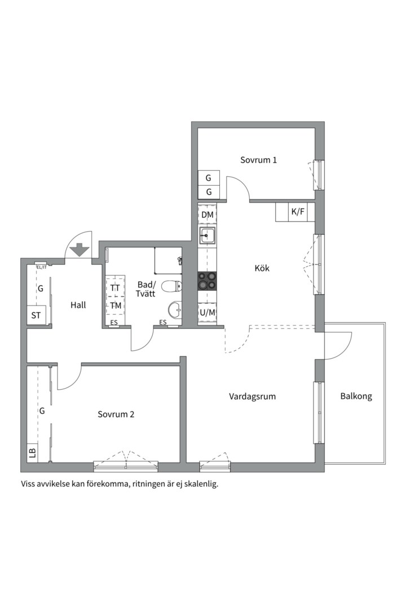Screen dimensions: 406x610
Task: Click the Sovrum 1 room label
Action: (258, 160)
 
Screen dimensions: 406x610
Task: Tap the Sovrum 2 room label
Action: (116, 415)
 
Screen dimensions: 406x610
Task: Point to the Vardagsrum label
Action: (252, 397)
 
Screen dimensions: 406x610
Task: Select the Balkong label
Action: (356, 396)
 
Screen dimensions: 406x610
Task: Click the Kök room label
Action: (262, 268)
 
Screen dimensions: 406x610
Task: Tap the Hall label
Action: (78, 305)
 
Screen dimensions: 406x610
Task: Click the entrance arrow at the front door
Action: (80, 250)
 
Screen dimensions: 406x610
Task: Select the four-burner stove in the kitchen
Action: (207, 281)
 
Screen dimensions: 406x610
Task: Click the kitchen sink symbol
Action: (208, 235)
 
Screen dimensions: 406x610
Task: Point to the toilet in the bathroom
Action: (171, 286)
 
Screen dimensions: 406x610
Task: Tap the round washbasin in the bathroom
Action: (175, 310)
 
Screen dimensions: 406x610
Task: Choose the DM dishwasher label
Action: (208, 215)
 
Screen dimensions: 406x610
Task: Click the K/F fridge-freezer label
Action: (298, 212)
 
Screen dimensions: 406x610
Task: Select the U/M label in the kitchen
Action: (208, 312)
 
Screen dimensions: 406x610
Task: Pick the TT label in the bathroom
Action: (115, 288)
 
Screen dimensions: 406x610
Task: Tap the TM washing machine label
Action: (116, 306)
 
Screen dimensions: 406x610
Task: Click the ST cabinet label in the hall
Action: (36, 316)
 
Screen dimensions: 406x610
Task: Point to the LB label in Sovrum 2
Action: (32, 453)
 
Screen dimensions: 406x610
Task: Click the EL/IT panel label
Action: (41, 267)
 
